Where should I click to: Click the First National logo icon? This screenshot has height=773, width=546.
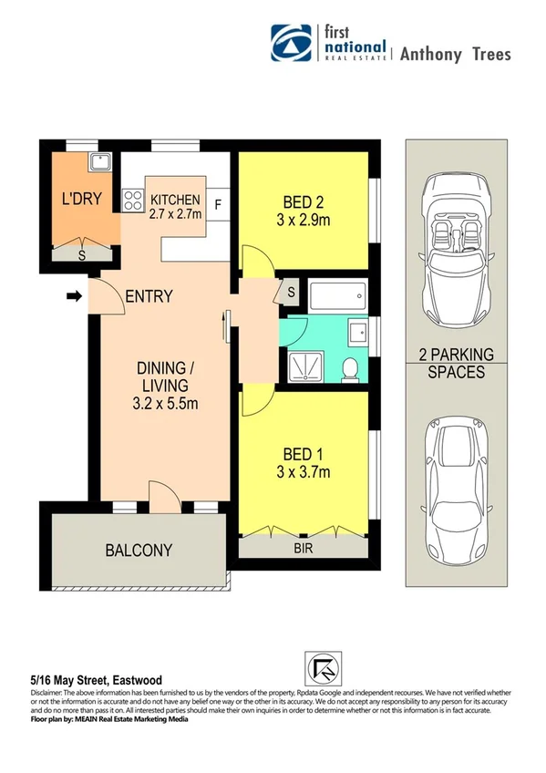[291, 43]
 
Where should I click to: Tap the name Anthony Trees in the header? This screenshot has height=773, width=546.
[455, 53]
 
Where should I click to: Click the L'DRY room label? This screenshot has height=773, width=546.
[80, 199]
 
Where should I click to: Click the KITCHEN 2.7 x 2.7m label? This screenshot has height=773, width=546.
[175, 207]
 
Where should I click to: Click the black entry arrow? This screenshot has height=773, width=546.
[73, 295]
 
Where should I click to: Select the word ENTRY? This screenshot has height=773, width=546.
[149, 296]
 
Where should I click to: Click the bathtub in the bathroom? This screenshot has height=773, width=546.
[336, 296]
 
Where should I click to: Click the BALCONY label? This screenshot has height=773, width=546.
[139, 550]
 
